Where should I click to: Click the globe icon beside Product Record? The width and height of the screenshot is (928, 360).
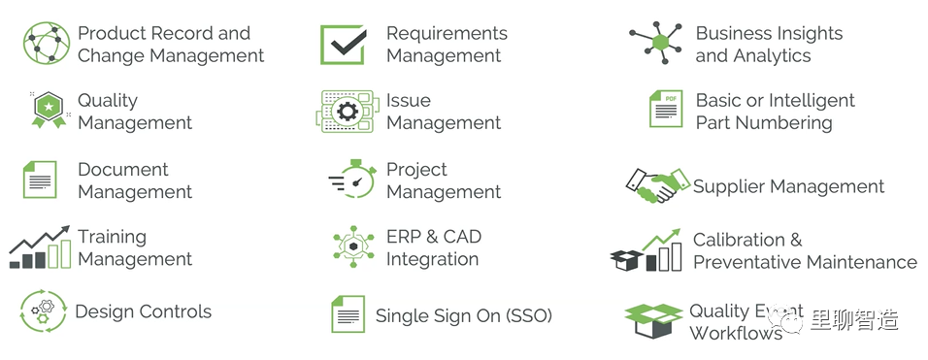pos(47,43)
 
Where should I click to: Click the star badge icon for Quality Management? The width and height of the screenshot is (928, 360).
pos(50,110)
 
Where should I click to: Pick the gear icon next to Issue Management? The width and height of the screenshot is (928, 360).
pos(347,112)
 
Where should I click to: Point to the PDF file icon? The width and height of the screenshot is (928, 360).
pos(666,109)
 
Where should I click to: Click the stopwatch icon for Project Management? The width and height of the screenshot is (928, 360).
pos(353,179)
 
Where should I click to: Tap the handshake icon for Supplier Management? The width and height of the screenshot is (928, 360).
pos(658,185)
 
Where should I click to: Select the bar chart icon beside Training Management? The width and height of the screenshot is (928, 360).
pos(40,247)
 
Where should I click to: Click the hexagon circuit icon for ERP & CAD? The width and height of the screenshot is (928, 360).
pos(353,246)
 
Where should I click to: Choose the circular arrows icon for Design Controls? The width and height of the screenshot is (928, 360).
pos(44,311)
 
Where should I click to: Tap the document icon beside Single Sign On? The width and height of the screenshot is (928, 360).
pos(348,313)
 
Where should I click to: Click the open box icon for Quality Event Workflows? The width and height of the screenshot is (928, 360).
pos(653,320)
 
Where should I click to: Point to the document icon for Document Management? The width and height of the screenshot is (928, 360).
pos(40,180)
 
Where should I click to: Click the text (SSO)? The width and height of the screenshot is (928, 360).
pos(528,315)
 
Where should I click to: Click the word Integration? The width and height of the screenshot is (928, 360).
pos(433,259)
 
